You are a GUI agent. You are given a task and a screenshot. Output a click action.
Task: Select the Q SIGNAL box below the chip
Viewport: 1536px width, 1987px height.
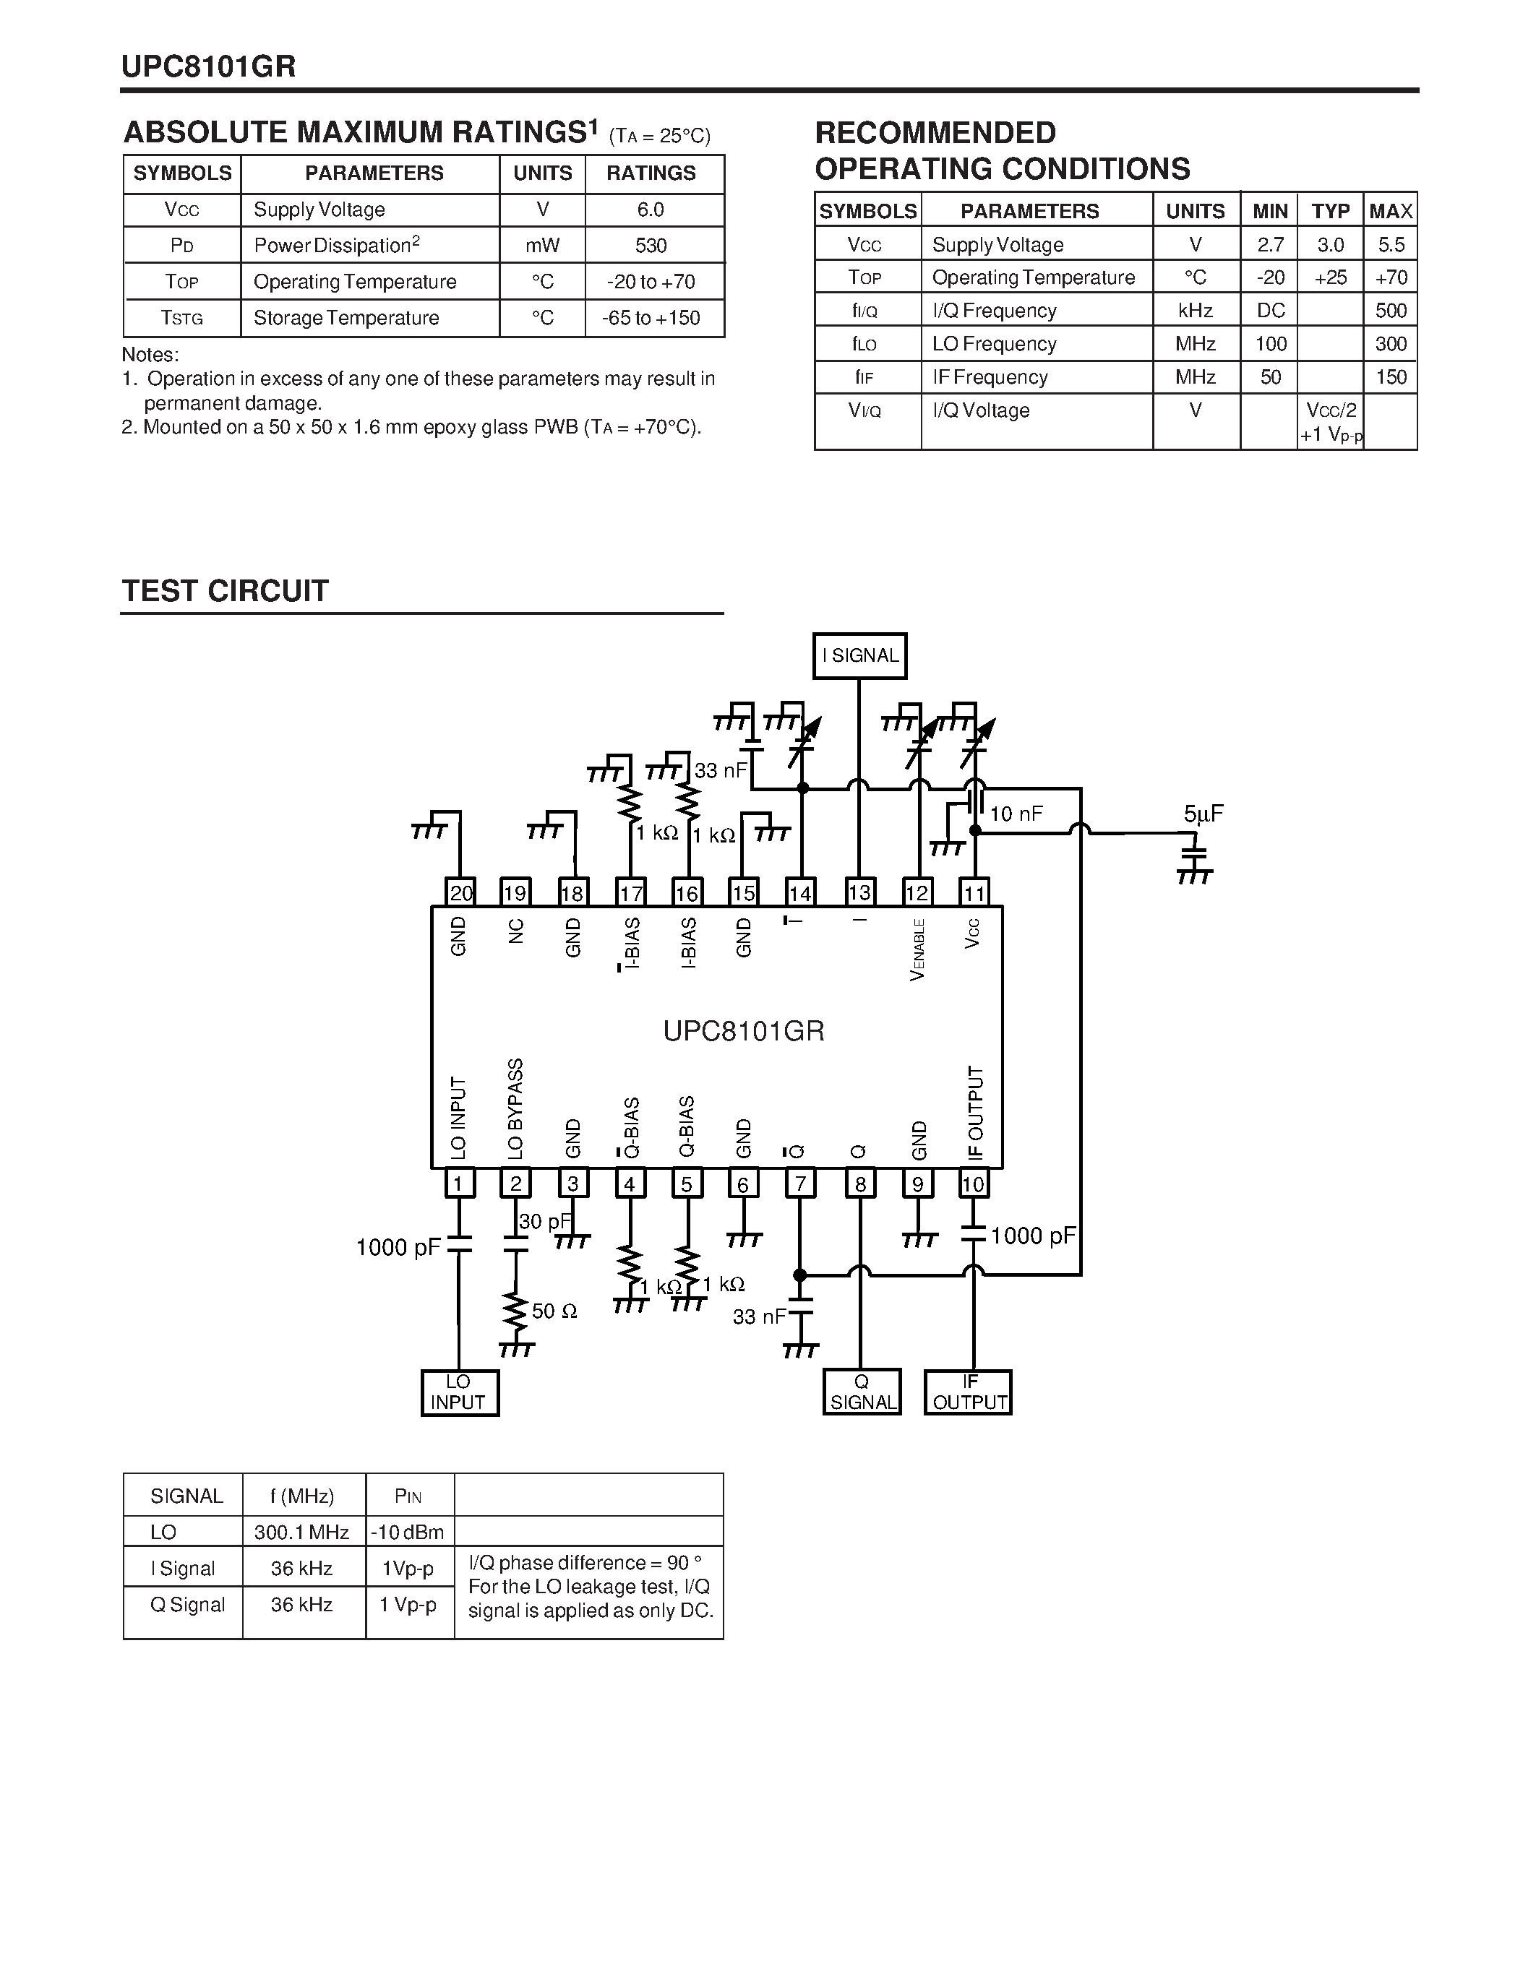point(862,1392)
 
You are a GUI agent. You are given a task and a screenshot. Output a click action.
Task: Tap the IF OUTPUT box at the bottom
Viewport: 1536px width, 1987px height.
point(968,1392)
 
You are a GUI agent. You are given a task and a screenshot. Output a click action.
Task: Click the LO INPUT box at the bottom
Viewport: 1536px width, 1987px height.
point(460,1393)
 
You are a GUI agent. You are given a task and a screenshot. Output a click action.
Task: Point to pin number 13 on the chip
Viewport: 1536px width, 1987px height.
point(859,892)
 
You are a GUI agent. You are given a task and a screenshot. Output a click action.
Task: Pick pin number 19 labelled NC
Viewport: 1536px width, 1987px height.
point(516,892)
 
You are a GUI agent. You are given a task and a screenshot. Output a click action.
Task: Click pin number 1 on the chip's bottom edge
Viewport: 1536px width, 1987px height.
point(458,1184)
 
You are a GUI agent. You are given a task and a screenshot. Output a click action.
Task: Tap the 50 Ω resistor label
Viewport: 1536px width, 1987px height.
point(554,1311)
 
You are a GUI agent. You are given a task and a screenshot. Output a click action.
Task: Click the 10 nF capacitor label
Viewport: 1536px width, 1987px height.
point(1016,814)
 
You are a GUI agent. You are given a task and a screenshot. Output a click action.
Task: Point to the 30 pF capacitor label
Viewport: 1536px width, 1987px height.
point(544,1221)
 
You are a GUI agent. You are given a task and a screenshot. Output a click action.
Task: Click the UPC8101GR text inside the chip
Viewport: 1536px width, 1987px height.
point(744,1031)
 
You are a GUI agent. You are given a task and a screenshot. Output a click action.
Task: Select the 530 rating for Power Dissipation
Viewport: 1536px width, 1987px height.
point(651,246)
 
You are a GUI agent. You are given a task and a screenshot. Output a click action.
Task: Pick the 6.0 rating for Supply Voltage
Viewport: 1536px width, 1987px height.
point(651,210)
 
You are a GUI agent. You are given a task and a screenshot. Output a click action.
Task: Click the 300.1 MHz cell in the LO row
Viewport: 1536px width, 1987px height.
point(302,1532)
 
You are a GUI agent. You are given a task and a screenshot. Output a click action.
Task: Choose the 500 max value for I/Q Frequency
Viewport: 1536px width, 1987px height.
point(1391,310)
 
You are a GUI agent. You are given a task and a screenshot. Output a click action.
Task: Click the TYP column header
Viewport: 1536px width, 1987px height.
point(1330,211)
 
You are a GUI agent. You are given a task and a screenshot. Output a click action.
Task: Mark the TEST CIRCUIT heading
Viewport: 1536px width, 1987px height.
point(225,591)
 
